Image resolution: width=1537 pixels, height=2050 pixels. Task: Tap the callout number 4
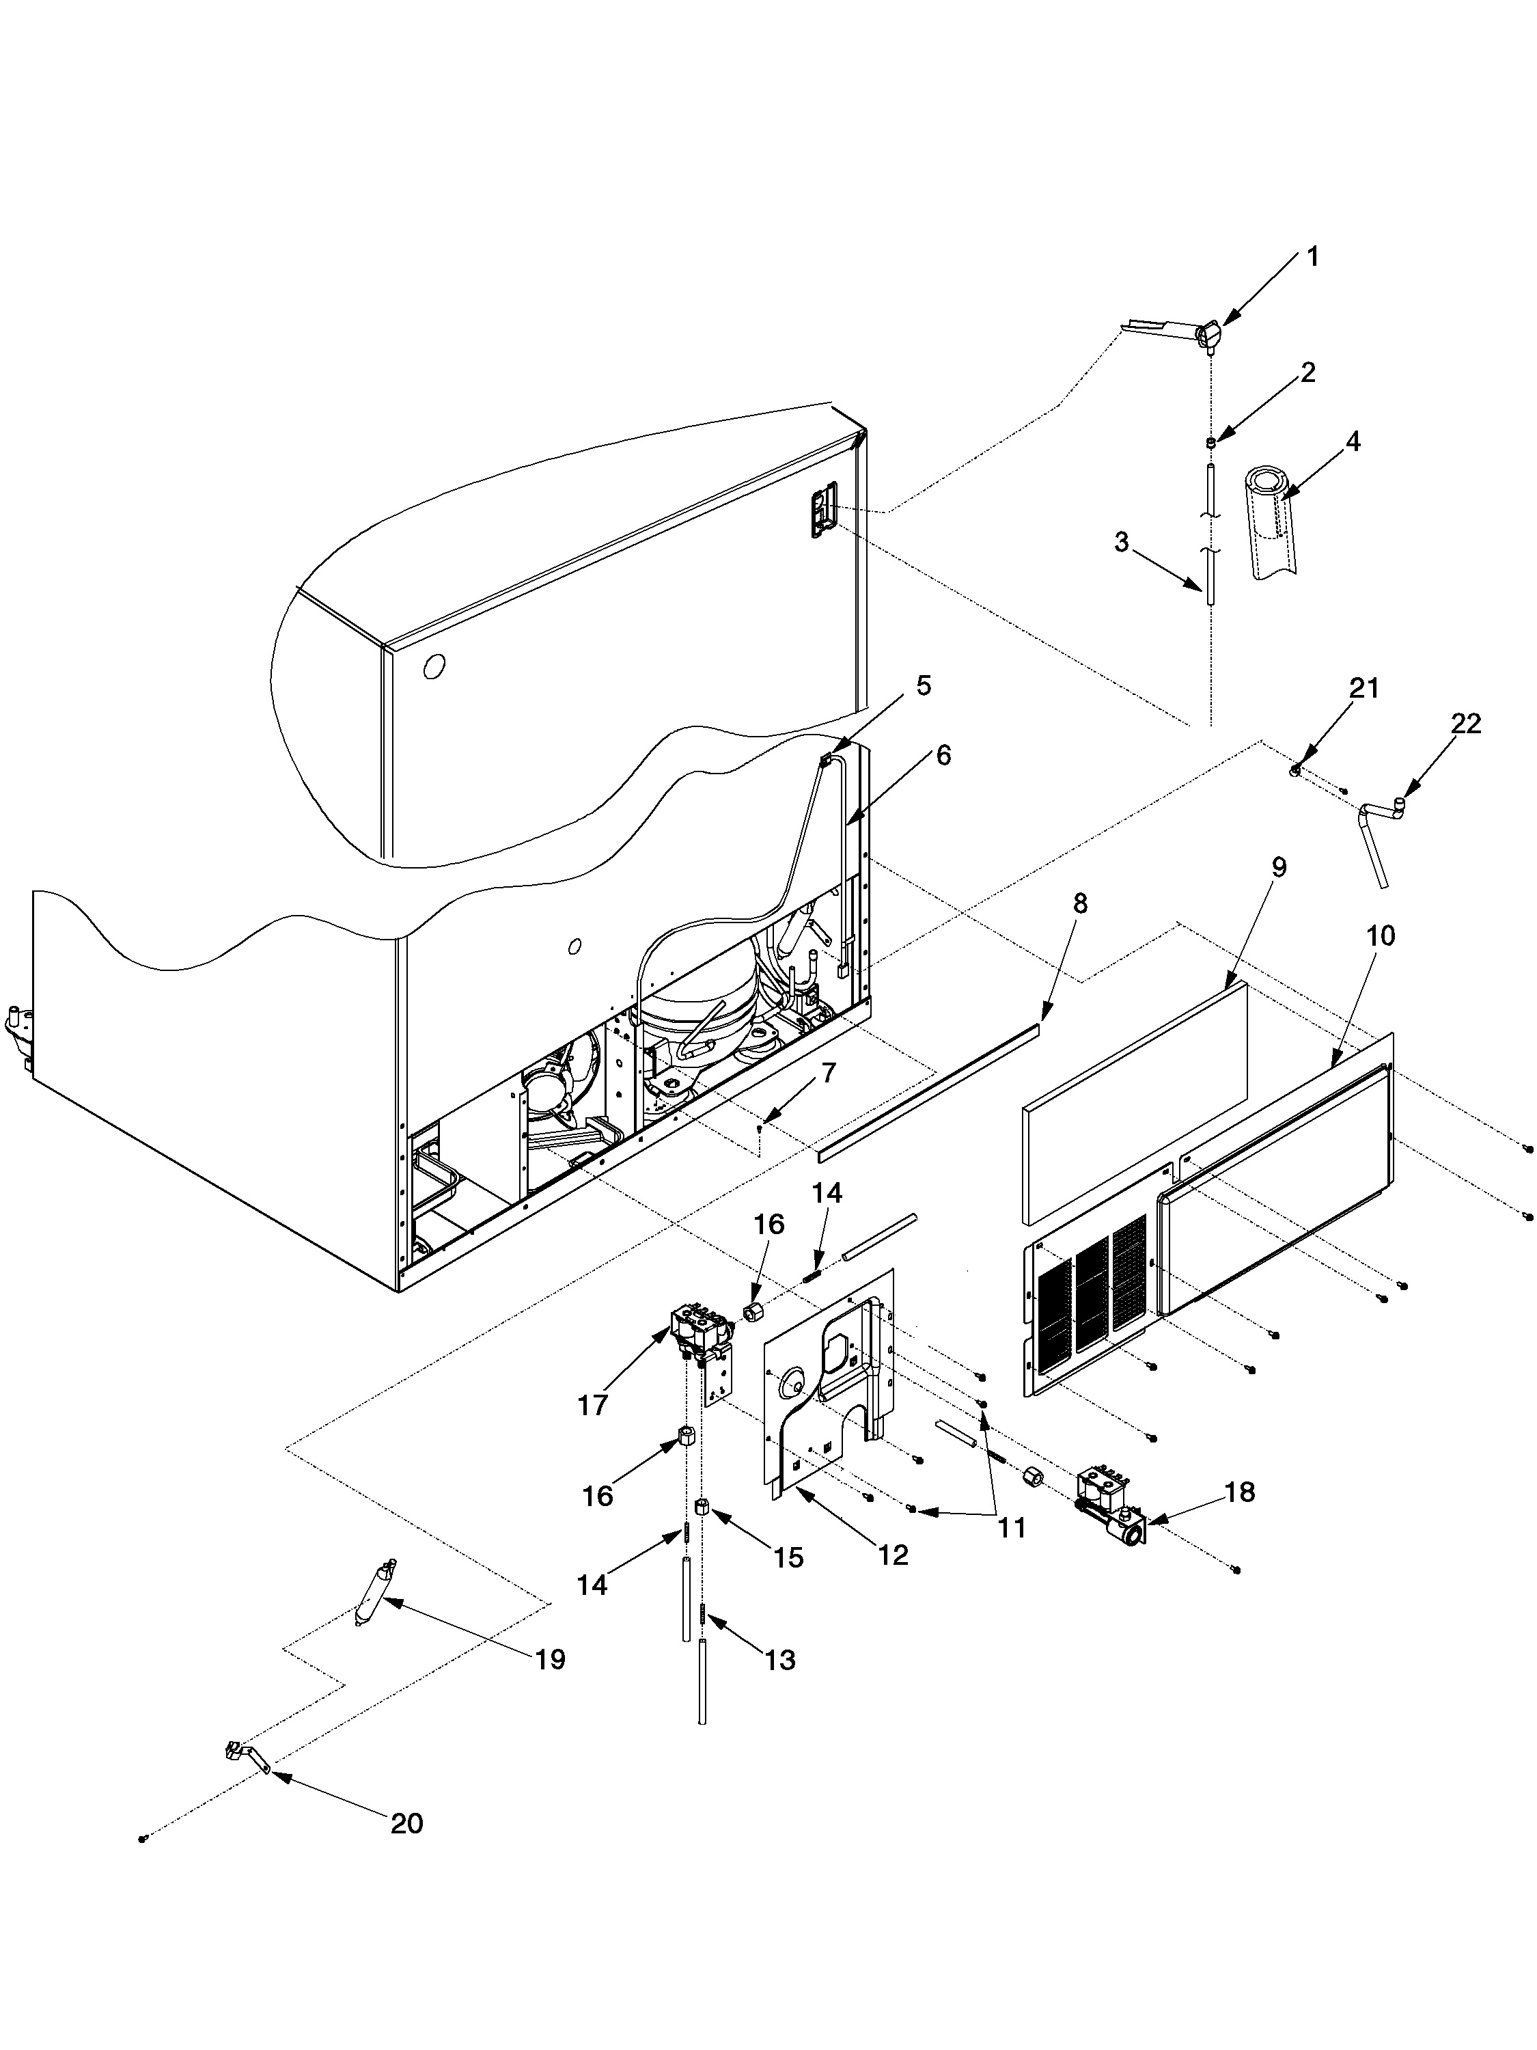pyautogui.click(x=1353, y=442)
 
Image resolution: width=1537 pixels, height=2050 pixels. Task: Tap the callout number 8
pyautogui.click(x=1080, y=903)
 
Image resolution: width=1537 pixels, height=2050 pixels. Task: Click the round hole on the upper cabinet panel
pyautogui.click(x=434, y=666)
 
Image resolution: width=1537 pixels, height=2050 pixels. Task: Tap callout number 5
pyautogui.click(x=924, y=686)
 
